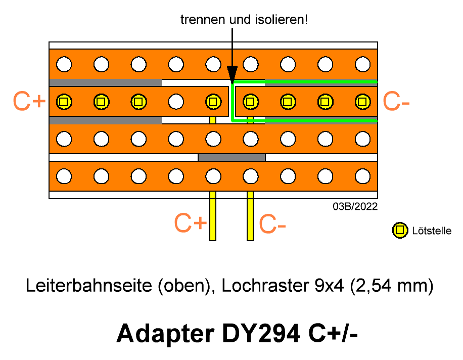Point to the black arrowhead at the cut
232,75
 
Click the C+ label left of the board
29,101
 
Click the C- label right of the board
396,101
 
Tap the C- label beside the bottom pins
272,223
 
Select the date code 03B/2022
355,206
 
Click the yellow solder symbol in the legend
400,230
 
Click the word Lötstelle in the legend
432,231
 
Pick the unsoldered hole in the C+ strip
176,102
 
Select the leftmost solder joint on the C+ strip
64,102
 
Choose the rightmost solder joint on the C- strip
362,102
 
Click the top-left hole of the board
64,64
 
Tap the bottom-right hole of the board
362,176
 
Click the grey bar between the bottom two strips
232,157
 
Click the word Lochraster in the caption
265,286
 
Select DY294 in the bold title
261,333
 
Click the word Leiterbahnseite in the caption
88,286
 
